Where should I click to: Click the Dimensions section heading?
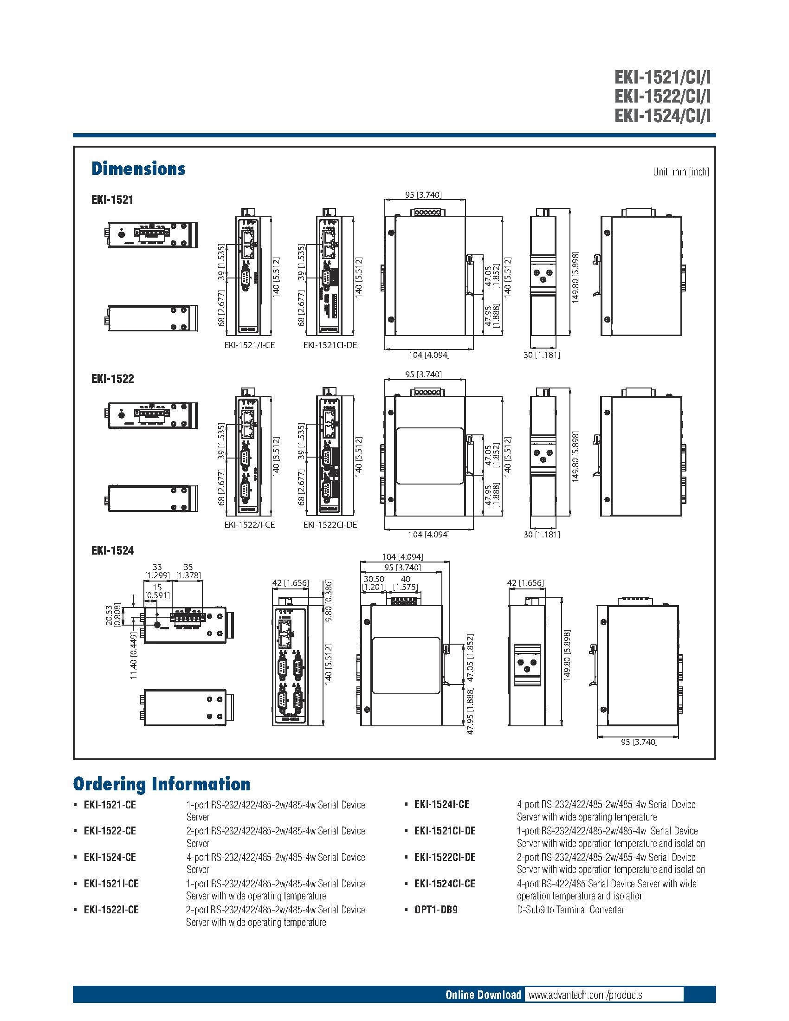(x=138, y=169)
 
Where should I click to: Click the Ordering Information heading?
(x=161, y=784)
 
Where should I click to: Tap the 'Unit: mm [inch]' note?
(x=680, y=172)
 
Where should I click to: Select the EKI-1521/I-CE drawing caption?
(x=249, y=345)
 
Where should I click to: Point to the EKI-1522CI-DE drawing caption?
(x=330, y=524)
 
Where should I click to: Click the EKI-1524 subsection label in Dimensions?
(x=112, y=551)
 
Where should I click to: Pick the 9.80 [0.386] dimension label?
(x=329, y=601)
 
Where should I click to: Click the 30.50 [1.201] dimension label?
(x=374, y=583)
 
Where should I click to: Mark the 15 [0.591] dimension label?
(x=157, y=591)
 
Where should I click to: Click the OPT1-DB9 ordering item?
(x=436, y=910)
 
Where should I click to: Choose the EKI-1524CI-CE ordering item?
(x=445, y=884)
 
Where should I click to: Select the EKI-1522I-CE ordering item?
(x=111, y=910)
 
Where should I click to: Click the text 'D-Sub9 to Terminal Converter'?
(x=570, y=910)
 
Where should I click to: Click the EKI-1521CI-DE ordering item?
(x=445, y=831)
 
